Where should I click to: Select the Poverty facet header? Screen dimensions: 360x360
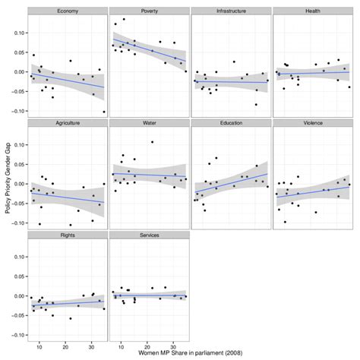click(148, 12)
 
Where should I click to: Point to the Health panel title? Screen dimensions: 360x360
click(312, 12)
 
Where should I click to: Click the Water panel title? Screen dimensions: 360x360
click(148, 122)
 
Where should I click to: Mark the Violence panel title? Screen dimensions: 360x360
click(312, 122)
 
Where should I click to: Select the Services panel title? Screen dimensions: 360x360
click(148, 235)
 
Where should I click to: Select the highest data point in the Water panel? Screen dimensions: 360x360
click(152, 142)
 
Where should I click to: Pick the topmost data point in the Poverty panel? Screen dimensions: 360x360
click(124, 19)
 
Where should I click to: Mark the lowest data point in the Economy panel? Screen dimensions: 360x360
click(104, 112)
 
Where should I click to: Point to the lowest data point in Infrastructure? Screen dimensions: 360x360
click(255, 104)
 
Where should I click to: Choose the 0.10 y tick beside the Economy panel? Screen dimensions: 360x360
click(18, 33)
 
